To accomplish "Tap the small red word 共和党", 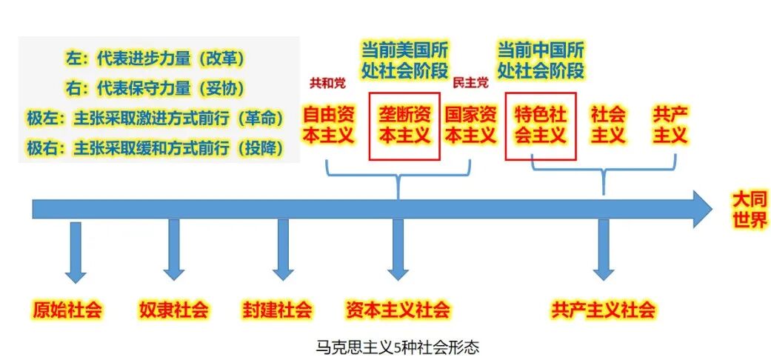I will (x=327, y=82).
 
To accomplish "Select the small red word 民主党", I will (x=470, y=82).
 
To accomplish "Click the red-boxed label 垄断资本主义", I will (x=404, y=126).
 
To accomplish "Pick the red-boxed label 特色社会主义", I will (x=541, y=126).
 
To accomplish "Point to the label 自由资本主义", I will (x=330, y=126).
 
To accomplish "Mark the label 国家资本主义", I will (x=470, y=126).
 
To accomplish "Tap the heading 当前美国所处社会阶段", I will (x=404, y=61).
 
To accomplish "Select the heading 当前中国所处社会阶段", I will (x=541, y=61).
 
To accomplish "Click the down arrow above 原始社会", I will (x=75, y=252).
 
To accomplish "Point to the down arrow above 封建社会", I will (x=283, y=250).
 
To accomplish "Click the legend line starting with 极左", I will (x=156, y=119).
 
